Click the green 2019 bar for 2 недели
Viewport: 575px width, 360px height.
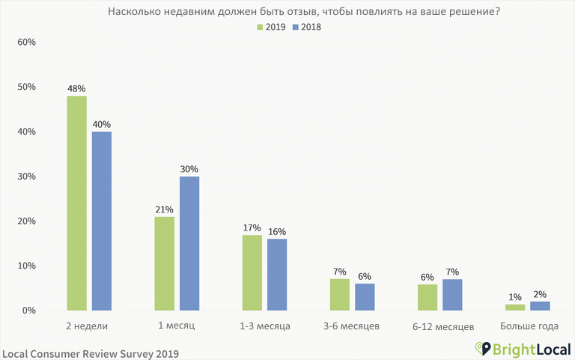click(76, 203)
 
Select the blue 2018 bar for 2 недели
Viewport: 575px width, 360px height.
click(101, 221)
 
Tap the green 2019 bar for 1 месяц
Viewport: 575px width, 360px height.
click(164, 263)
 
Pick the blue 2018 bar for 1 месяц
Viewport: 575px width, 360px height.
click(189, 243)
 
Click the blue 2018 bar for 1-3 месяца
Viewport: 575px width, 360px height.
click(276, 274)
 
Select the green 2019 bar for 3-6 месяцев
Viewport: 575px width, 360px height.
click(339, 294)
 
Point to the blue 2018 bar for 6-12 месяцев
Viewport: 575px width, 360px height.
click(452, 294)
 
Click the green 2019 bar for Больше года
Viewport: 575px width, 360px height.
click(515, 307)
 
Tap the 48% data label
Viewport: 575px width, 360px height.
click(76, 88)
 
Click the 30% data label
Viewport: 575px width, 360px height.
click(189, 169)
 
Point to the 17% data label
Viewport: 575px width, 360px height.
click(252, 228)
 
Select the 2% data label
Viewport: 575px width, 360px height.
click(540, 294)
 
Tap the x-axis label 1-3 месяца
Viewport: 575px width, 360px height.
click(264, 327)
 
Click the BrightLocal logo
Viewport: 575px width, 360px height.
click(521, 349)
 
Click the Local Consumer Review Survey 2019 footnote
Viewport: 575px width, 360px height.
click(91, 351)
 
